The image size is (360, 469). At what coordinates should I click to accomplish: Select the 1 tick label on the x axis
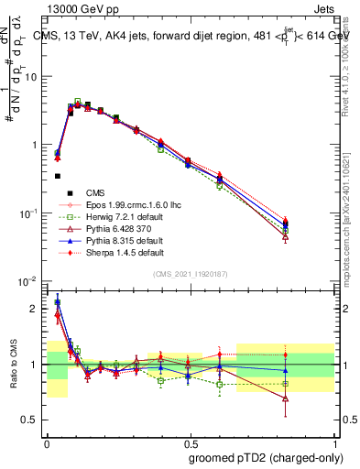[333, 442]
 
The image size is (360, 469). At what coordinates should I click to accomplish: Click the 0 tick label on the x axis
[47, 442]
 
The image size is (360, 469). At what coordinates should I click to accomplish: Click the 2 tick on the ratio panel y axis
[36, 309]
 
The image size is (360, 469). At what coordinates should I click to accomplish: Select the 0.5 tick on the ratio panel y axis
[32, 420]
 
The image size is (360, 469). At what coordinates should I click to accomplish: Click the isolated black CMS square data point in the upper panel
[57, 176]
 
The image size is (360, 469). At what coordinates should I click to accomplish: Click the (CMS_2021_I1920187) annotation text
[190, 274]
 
